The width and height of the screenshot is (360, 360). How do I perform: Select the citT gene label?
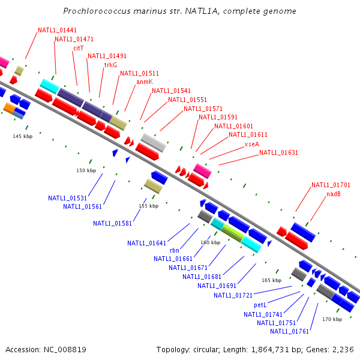79,47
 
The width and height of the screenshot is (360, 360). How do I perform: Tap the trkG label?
111,64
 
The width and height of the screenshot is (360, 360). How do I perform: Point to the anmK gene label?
145,82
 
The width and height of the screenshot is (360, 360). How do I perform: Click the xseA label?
252,144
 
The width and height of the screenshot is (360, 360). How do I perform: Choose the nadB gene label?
334,194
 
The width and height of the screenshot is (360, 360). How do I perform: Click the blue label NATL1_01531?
68,198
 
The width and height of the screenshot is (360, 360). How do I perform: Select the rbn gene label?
175,251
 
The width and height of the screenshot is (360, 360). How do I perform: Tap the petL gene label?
260,305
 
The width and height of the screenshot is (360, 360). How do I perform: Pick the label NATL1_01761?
289,331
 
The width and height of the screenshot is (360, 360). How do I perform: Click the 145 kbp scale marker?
22,137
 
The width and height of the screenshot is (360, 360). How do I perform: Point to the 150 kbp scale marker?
86,170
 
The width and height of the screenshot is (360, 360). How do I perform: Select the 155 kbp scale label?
148,206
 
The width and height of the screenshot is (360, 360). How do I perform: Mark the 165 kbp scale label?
271,280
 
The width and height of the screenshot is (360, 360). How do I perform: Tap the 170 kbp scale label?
332,319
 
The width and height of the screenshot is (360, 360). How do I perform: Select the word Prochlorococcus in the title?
93,11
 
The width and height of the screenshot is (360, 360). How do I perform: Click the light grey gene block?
153,142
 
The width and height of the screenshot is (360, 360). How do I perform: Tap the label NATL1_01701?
331,185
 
